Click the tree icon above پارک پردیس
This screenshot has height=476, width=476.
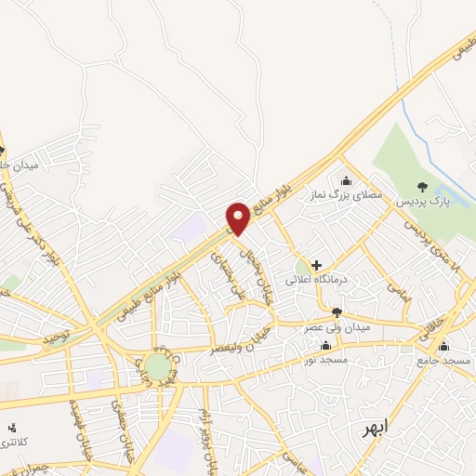click(423, 186)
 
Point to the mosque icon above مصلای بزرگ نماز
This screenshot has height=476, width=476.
click(347, 180)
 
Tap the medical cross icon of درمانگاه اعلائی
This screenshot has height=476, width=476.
click(317, 265)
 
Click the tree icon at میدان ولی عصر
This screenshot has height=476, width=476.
click(336, 312)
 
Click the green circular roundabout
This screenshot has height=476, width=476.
click(157, 364)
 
